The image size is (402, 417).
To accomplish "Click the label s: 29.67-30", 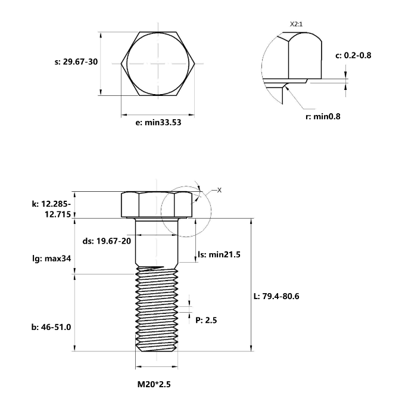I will [x=76, y=62].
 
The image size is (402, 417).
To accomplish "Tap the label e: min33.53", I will [x=158, y=123].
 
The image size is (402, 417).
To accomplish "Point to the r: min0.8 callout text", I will [x=323, y=116].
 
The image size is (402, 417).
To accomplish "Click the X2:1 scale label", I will [x=297, y=24].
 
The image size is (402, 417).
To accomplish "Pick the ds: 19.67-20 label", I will [x=107, y=241].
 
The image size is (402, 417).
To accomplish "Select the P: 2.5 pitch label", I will [x=206, y=320].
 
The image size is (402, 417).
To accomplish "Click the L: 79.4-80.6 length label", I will [x=276, y=296].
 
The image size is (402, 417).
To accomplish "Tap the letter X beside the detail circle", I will [x=219, y=190].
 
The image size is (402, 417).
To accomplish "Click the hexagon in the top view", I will [x=158, y=63].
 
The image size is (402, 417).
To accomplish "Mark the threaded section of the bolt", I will [x=157, y=310].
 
